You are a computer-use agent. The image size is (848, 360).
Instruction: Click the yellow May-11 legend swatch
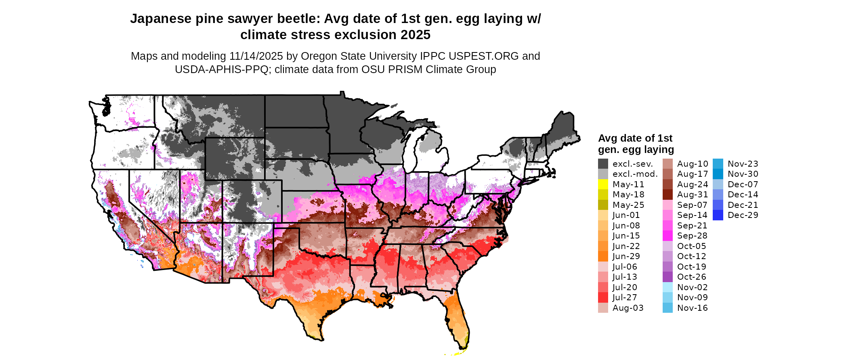(603, 184)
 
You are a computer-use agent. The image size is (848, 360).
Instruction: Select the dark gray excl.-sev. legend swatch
(603, 164)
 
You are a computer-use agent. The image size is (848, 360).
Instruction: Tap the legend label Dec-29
(743, 215)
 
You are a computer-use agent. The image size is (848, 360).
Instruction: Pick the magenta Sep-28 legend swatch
(667, 236)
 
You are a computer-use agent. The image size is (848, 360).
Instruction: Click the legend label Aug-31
(692, 195)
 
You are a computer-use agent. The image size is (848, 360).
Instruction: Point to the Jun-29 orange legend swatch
(603, 256)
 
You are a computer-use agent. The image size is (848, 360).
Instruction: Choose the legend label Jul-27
(624, 297)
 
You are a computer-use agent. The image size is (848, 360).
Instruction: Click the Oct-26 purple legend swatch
(667, 277)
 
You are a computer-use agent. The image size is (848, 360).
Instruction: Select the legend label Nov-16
(692, 308)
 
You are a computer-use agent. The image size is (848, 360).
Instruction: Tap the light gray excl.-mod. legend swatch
(603, 174)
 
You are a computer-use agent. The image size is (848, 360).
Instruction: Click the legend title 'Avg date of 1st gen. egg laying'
(636, 144)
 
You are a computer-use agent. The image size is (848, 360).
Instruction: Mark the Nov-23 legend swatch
(718, 164)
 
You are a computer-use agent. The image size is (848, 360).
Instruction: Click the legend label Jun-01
(626, 215)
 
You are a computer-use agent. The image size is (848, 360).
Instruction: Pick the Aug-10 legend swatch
(667, 164)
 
